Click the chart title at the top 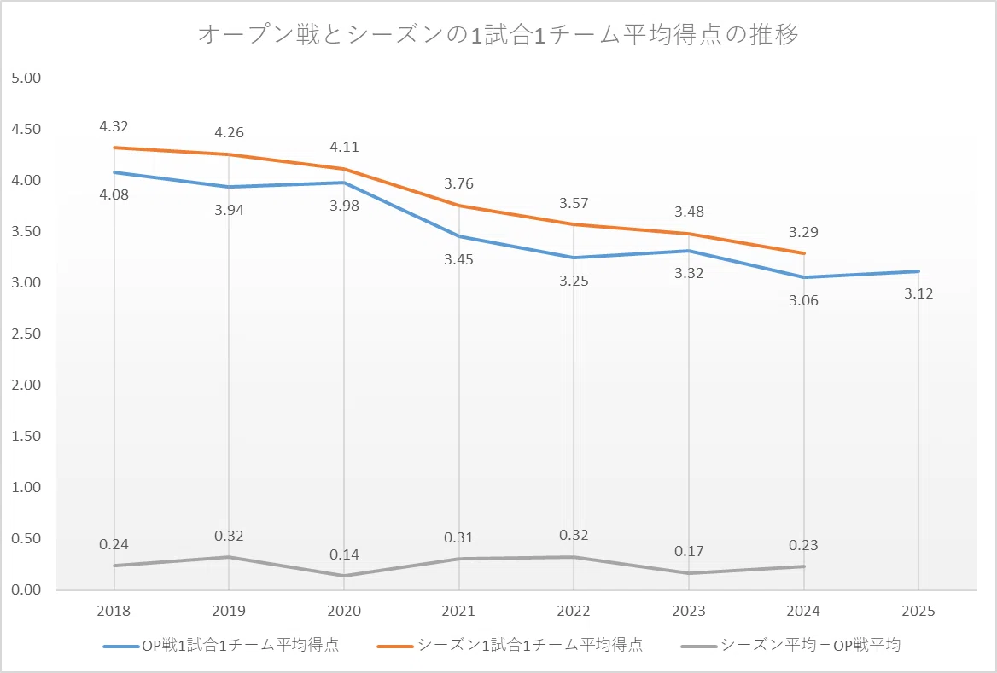click(498, 34)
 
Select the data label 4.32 click(114, 126)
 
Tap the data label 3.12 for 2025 click(918, 293)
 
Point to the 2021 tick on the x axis click(458, 611)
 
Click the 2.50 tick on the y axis click(26, 334)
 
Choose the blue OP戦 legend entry click(221, 645)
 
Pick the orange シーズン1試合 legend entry click(510, 645)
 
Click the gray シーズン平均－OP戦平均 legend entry click(790, 645)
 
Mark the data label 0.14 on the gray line click(344, 554)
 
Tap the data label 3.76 click(458, 183)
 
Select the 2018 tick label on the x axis click(114, 611)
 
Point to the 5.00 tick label click(26, 78)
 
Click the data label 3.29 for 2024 click(804, 232)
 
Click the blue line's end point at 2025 click(918, 271)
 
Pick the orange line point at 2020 click(344, 169)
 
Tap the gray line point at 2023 click(689, 573)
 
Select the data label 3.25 click(574, 281)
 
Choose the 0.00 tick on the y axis click(26, 589)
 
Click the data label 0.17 click(689, 551)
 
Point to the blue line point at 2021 click(458, 236)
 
